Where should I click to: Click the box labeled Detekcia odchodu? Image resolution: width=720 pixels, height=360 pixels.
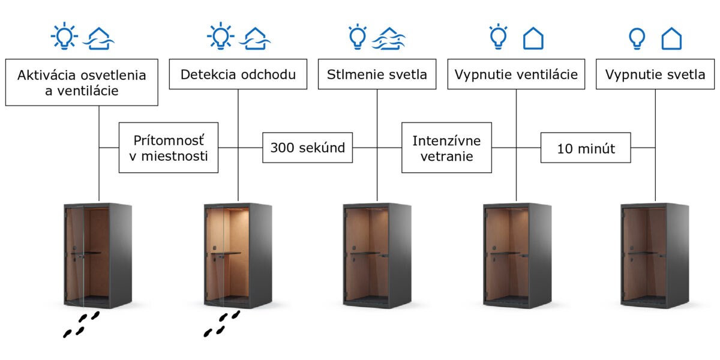pos(238,74)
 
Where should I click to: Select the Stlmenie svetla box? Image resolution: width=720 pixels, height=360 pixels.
pos(377,74)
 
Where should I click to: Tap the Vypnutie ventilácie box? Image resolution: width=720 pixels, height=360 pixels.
pos(516,74)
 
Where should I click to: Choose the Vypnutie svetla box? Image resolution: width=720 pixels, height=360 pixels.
pos(655,74)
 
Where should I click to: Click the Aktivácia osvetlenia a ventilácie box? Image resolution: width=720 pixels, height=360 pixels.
pos(82,82)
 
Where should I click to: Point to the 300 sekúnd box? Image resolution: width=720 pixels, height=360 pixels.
pos(307,148)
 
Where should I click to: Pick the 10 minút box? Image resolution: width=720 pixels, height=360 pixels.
pos(586,148)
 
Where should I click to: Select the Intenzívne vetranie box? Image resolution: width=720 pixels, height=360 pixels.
pos(446,148)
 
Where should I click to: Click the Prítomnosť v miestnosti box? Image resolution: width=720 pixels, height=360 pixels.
pos(169,148)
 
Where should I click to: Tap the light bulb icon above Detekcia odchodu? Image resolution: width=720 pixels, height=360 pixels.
pos(221,36)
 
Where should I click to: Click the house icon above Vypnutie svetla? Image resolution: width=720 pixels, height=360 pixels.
pos(671,38)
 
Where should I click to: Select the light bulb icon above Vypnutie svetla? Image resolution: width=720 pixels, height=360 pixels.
pos(637,38)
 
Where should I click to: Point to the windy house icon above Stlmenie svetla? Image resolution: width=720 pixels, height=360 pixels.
pos(389,38)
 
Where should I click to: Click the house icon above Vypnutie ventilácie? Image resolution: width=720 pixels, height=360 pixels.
pos(533,38)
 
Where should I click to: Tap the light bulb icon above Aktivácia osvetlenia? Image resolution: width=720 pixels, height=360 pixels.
pos(64,36)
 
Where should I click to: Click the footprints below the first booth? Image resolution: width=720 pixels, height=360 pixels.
pos(82,325)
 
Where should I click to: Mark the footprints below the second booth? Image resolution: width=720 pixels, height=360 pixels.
pos(222,323)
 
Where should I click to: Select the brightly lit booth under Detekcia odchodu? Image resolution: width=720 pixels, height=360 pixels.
pos(238,256)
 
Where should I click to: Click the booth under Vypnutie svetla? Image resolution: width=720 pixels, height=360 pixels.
pos(655,256)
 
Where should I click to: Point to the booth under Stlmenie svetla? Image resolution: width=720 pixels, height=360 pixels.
pos(377,256)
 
